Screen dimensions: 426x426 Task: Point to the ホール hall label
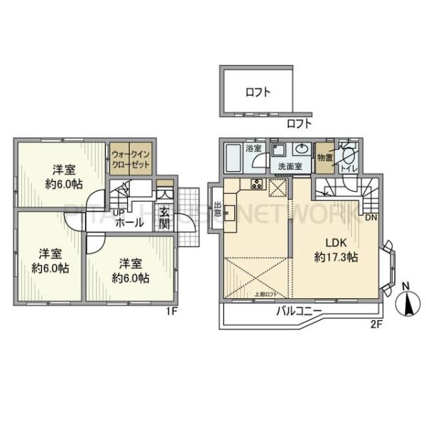click(129, 223)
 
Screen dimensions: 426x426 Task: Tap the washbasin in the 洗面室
click(300, 150)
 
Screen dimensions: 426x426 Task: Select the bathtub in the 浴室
click(233, 155)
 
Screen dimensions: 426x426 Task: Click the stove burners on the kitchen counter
click(256, 185)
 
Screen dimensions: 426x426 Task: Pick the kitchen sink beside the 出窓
click(230, 212)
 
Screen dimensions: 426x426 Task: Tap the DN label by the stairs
click(371, 218)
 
